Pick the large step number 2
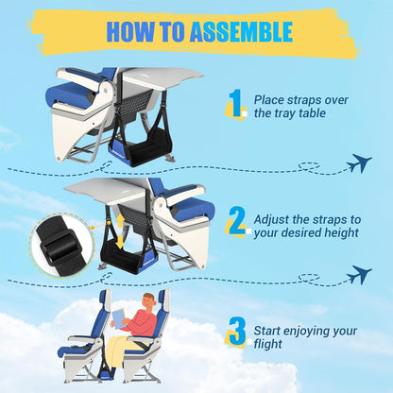coord(235,222)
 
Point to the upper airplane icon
coord(358,163)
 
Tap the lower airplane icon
coord(358,275)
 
